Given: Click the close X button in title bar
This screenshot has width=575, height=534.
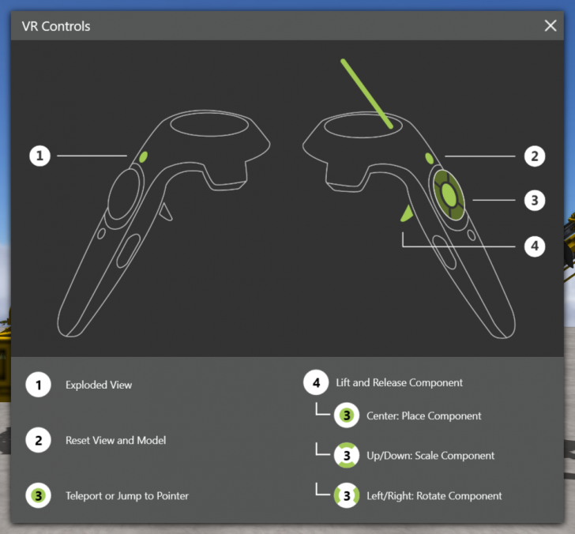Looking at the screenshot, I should [551, 25].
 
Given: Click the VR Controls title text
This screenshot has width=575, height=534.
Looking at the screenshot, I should [55, 26].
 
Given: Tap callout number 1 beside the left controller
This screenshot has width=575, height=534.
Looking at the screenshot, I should [40, 156].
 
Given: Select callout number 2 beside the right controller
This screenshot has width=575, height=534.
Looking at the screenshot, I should [535, 156].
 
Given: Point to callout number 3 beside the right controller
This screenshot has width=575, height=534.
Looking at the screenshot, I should [535, 200].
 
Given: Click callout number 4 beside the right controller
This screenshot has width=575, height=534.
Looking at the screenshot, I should [535, 246].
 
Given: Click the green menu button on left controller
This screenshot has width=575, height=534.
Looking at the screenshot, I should [143, 157].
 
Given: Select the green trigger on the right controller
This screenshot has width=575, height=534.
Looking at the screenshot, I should [407, 212].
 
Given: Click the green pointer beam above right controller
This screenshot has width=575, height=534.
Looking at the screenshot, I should [368, 93].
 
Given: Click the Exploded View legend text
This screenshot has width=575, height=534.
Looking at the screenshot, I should [99, 385].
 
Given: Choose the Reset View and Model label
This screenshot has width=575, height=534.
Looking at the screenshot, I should [115, 440].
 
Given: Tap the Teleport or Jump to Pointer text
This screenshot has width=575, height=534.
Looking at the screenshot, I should [127, 496].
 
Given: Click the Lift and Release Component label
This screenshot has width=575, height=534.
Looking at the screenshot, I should [399, 382].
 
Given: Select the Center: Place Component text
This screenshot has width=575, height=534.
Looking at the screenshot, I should [424, 416].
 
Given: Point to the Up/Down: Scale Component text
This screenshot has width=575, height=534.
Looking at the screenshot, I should [430, 456].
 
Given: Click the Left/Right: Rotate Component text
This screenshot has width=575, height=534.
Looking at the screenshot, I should [434, 496].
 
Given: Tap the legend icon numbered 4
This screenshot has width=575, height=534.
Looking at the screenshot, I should [316, 383].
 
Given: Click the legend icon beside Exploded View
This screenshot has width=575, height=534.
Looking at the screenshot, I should [38, 385].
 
